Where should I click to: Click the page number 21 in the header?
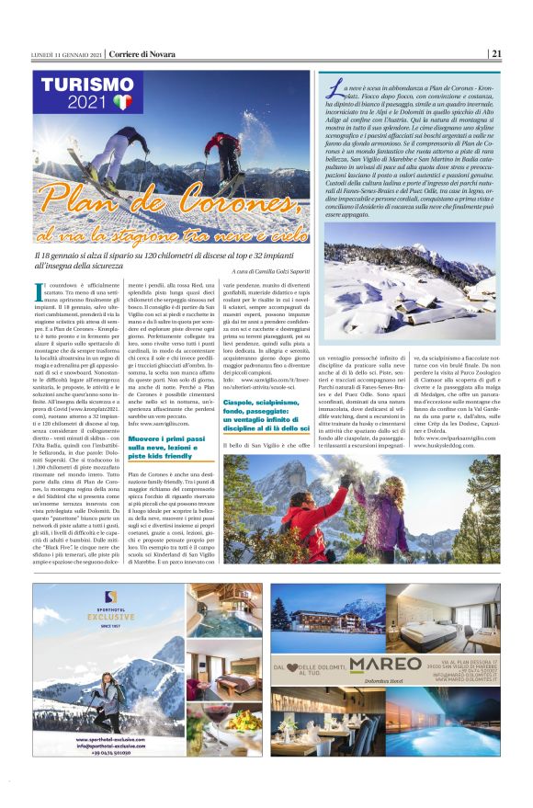(x=496, y=52)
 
